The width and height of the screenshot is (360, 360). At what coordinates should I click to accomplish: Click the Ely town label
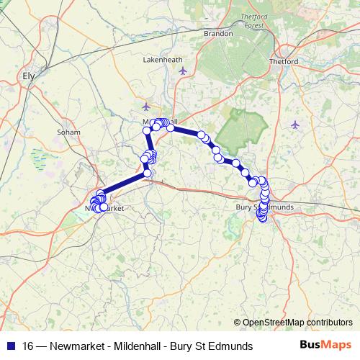29,75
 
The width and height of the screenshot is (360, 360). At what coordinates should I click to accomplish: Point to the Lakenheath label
163,60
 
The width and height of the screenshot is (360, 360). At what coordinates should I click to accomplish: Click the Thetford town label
287,61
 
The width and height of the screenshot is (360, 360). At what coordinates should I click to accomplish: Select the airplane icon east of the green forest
295,125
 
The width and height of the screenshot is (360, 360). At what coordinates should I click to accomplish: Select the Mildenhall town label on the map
160,122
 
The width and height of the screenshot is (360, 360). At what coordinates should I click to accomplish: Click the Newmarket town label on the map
105,207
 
